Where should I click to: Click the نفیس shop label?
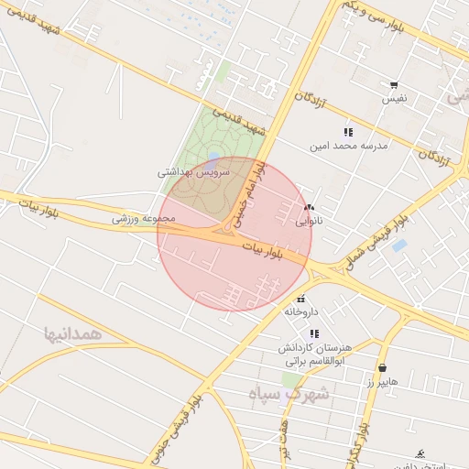coord(394,97)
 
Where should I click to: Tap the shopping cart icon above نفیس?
coord(394,84)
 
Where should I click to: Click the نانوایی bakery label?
coord(309,221)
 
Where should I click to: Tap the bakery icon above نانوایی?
coord(309,208)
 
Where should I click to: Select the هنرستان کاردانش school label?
coord(319,350)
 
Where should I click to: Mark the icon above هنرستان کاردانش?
coord(315,334)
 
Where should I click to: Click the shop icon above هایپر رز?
coord(382,368)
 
